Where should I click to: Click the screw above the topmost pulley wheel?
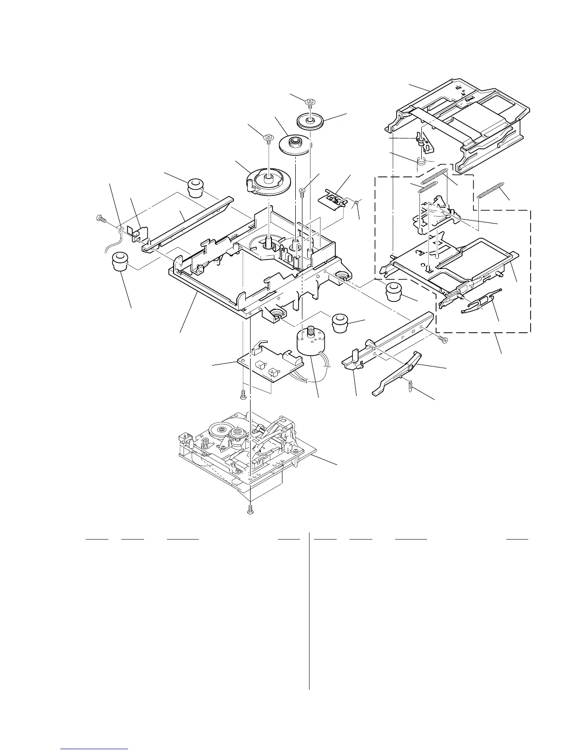310,102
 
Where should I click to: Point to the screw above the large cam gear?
269,138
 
